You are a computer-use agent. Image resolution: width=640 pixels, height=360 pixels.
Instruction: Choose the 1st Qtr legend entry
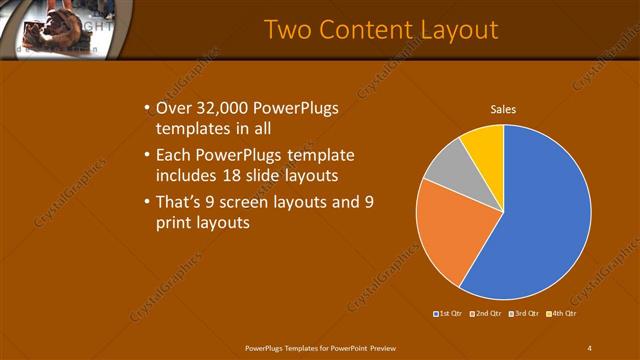(446, 313)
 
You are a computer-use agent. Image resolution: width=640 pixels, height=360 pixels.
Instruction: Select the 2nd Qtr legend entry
(485, 313)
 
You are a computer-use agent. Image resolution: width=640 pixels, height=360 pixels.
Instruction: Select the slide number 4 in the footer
(589, 347)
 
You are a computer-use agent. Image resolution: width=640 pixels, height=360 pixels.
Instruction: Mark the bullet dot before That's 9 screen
(147, 203)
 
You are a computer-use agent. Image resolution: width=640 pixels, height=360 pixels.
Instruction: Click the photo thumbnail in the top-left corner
(55, 22)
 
